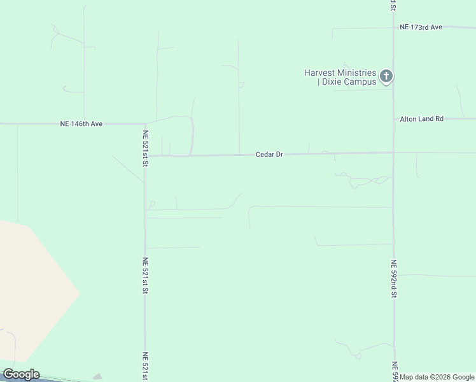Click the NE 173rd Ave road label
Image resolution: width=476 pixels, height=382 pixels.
421,27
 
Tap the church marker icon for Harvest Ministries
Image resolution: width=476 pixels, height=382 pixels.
386,77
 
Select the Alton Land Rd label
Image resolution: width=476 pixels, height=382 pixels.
421,119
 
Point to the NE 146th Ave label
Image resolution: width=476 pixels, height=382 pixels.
81,124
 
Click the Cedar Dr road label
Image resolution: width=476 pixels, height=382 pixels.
269,155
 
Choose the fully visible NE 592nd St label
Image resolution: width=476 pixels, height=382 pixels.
394,279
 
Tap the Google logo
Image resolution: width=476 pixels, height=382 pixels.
21,374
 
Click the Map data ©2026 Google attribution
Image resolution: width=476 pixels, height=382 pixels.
437,378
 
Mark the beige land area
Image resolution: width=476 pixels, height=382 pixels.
32,286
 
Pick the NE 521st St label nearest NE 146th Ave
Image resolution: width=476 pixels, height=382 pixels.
146,148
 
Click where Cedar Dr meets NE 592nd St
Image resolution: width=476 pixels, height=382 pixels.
393,152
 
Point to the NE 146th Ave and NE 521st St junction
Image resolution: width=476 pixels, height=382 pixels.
146,124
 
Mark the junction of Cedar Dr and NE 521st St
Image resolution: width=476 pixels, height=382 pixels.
146,155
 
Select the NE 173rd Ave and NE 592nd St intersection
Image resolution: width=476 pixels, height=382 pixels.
393,27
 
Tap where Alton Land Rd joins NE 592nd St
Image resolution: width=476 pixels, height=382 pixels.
393,119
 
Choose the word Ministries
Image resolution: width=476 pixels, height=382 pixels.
356,73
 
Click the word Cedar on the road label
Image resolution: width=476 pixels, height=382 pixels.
265,155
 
